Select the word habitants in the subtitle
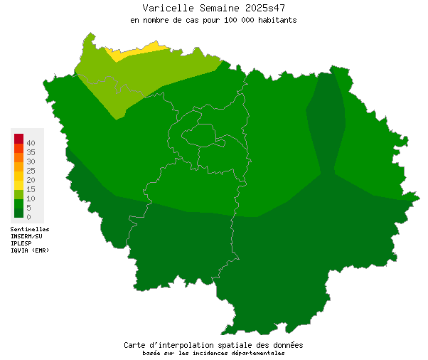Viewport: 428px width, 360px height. (274, 20)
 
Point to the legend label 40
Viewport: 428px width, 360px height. (31, 143)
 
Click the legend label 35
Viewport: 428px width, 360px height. (31, 152)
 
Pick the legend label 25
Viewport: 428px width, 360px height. (31, 171)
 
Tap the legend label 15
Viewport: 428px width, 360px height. (31, 189)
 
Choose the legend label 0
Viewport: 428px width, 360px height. (28, 216)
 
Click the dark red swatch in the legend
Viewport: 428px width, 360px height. (18, 138)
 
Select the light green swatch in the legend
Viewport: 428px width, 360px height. (18, 194)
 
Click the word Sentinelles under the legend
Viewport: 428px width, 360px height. (30, 229)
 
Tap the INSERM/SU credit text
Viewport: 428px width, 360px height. (26, 236)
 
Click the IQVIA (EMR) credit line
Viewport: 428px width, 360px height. (30, 250)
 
